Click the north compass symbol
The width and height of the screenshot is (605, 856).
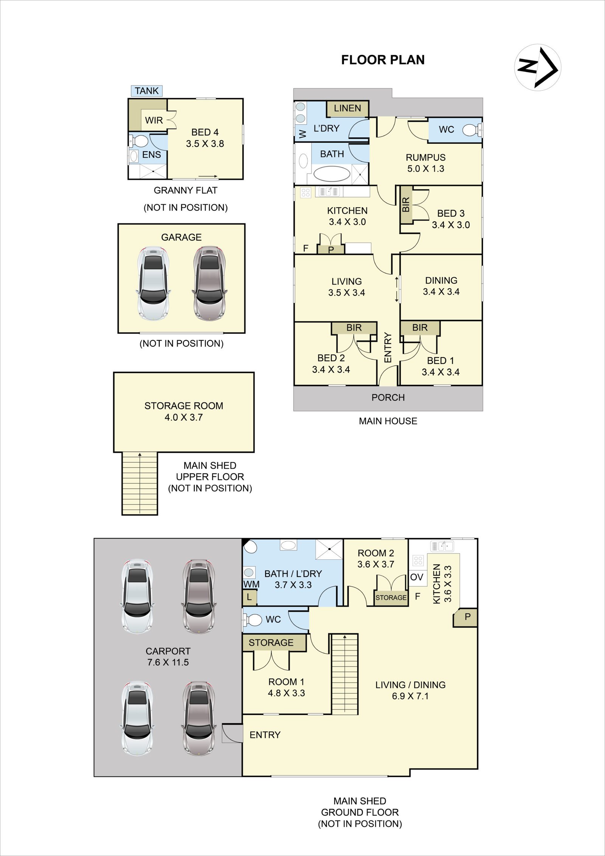(x=537, y=67)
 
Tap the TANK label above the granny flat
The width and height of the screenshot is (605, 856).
(x=147, y=91)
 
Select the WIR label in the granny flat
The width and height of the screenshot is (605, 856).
(x=154, y=120)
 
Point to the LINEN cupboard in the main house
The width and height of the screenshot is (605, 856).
(x=347, y=109)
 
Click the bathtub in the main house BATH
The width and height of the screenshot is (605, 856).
(x=332, y=174)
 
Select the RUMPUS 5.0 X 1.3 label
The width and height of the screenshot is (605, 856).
(x=426, y=163)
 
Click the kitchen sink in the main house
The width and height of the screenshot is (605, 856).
(x=328, y=192)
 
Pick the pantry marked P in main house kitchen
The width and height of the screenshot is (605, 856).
(x=331, y=249)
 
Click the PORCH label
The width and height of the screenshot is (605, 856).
(x=388, y=398)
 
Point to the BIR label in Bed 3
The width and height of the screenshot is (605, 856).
(x=406, y=205)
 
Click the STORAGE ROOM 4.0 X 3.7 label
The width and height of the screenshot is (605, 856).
(x=184, y=412)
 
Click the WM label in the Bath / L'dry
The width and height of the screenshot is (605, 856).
(x=251, y=584)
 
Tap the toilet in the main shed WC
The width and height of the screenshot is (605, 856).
(x=253, y=620)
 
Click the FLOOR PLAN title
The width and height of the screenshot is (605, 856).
(x=383, y=60)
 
